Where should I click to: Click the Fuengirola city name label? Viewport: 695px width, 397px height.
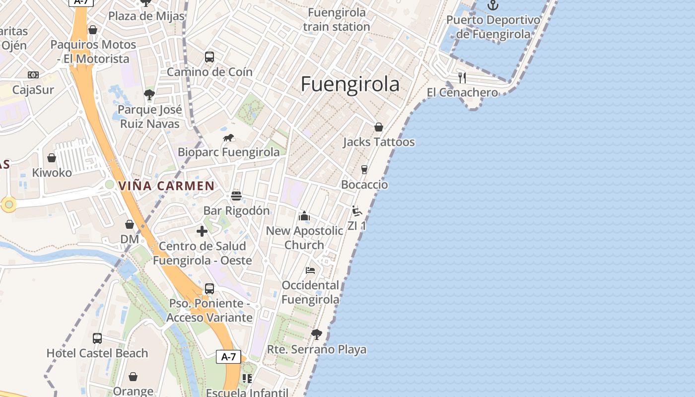tap(350, 84)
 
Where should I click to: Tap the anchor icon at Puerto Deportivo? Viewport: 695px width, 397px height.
tap(492, 5)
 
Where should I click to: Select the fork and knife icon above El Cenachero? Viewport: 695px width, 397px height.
tap(462, 77)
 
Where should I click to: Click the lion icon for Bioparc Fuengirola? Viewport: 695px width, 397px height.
tap(228, 138)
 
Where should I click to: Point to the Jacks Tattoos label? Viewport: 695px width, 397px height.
tap(379, 142)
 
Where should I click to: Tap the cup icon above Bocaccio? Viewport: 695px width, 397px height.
tap(364, 170)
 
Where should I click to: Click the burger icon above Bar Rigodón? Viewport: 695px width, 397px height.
tap(236, 196)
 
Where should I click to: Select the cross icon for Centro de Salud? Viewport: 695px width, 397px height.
tap(202, 231)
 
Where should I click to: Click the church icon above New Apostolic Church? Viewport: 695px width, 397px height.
tap(304, 216)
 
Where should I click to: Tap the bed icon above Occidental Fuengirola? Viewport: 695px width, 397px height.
tap(310, 270)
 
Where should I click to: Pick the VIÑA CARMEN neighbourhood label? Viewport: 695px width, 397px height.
tap(166, 186)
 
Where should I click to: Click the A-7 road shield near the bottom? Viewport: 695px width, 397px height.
tap(229, 356)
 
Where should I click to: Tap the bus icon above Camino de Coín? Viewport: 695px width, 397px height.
tap(209, 57)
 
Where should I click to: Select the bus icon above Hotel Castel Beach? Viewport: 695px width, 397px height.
tap(97, 338)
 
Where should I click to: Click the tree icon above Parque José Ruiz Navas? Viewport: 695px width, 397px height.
tap(149, 94)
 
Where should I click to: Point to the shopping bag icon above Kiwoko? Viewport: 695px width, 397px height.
tap(52, 158)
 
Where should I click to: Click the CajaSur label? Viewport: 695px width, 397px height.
tap(33, 90)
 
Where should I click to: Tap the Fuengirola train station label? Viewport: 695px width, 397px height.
tap(337, 19)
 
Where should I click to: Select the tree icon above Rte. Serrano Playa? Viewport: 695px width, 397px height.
tap(316, 334)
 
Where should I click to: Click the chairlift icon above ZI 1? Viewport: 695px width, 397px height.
tap(356, 211)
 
